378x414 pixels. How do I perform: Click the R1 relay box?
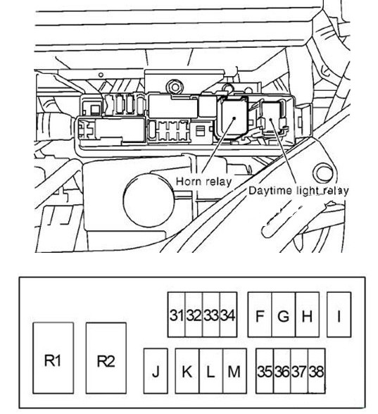click(53, 358)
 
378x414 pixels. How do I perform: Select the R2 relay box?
click(106, 358)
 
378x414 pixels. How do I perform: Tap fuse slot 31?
click(177, 315)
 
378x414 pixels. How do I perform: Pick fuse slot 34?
click(228, 315)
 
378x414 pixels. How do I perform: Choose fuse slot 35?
click(265, 371)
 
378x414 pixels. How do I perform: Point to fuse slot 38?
click(317, 371)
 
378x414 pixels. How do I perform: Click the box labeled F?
click(260, 315)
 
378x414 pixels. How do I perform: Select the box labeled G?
click(284, 315)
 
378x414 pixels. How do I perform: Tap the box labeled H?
click(307, 315)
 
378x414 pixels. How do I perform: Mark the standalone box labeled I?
click(339, 315)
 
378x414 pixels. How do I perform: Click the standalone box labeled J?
click(156, 371)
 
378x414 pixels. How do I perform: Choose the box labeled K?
click(187, 371)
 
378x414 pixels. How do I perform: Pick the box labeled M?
click(235, 371)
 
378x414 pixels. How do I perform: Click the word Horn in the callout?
click(188, 182)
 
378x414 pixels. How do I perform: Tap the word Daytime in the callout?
click(267, 191)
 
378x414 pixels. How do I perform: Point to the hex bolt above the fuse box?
click(174, 87)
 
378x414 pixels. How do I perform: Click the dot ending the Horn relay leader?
click(234, 118)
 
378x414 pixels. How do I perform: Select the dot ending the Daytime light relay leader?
click(270, 120)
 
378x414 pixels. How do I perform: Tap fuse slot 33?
click(211, 315)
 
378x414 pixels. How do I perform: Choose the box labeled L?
click(211, 371)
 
